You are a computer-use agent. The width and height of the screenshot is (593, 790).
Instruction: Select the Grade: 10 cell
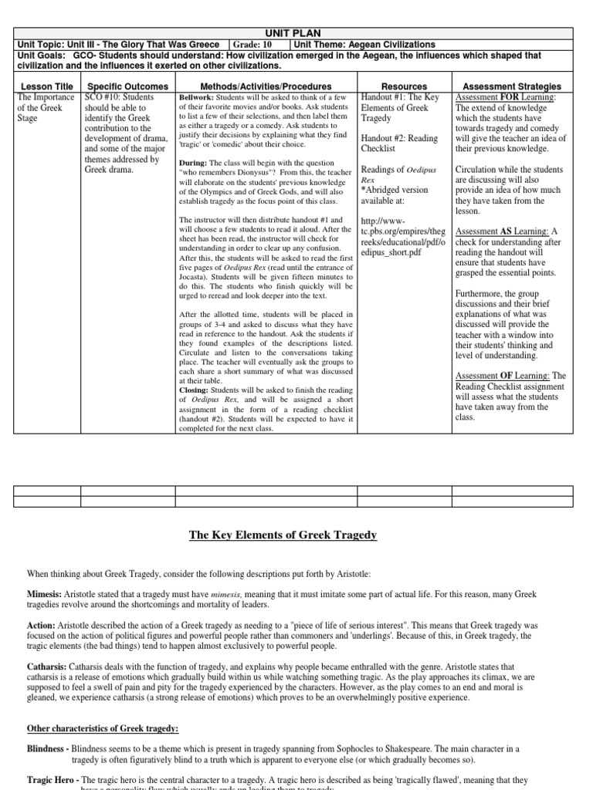[x=257, y=45]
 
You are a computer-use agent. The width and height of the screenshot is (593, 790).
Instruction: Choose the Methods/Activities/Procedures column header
[x=266, y=86]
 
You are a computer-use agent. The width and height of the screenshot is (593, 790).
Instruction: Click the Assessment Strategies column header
[x=511, y=86]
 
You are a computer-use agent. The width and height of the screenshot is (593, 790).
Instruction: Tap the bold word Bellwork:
[x=198, y=99]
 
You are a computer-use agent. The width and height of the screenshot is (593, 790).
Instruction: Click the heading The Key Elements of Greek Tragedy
[x=296, y=535]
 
